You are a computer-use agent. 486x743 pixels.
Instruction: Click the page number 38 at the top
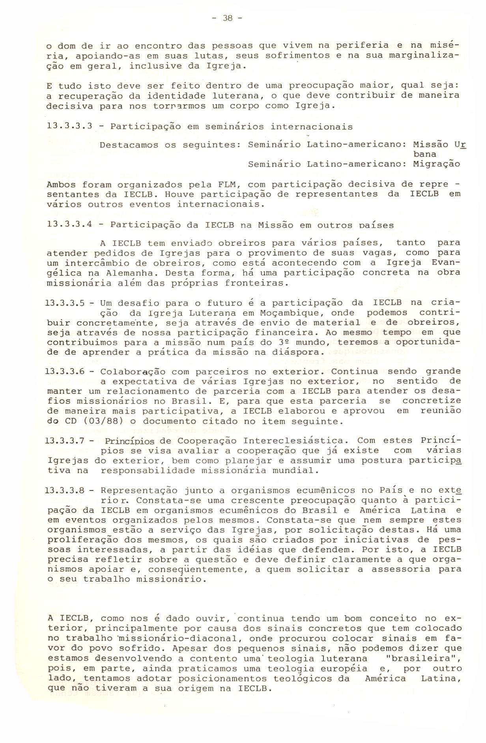coord(228,18)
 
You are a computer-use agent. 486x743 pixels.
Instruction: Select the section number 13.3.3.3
coord(69,127)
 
